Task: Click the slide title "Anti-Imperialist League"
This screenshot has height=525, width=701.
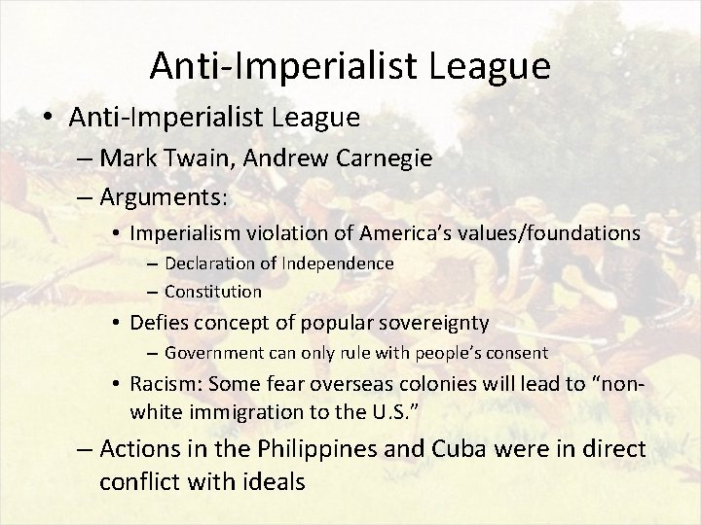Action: tap(350, 65)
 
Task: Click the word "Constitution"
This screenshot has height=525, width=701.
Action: tap(213, 291)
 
